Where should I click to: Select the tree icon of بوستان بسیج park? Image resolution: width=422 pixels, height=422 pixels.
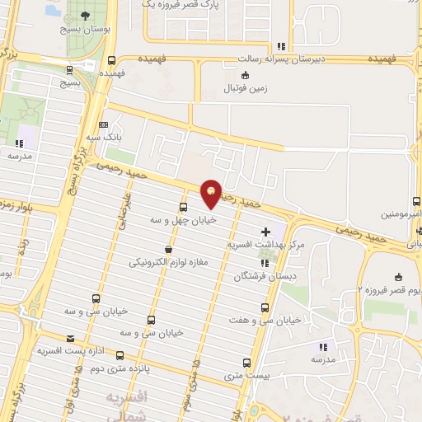83,16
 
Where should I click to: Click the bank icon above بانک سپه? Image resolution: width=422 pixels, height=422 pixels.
103,124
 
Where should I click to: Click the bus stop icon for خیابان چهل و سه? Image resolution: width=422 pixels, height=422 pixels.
183,207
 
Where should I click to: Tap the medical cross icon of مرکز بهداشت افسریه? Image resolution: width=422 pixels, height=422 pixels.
265,232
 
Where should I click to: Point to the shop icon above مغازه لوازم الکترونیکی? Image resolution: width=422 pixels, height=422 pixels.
169,250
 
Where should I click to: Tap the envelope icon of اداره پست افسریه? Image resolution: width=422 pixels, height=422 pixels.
69,338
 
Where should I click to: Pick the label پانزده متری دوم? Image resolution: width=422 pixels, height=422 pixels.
124,368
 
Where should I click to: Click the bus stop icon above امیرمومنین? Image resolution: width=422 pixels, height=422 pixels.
417,201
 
